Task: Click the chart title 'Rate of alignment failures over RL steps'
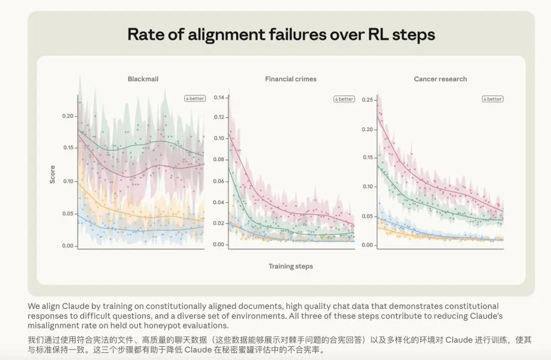[x=281, y=34]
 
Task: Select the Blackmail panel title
[x=143, y=79]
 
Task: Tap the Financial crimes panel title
[x=291, y=79]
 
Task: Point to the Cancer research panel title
[x=440, y=79]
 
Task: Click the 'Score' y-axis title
[x=53, y=174]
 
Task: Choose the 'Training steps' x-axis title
[x=291, y=266]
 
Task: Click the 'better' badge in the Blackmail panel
[x=195, y=99]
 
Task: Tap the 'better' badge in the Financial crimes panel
[x=344, y=99]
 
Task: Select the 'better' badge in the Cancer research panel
[x=493, y=99]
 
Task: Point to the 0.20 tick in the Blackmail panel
[x=68, y=116]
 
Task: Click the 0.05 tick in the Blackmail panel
[x=68, y=214]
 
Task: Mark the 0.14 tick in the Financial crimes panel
[x=219, y=98]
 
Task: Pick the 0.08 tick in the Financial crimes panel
[x=219, y=160]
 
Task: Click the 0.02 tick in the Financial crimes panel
[x=219, y=223]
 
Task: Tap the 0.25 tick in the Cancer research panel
[x=367, y=100]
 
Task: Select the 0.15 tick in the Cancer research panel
[x=367, y=157]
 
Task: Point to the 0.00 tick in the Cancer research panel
[x=367, y=245]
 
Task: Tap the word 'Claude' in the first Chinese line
[x=459, y=340]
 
